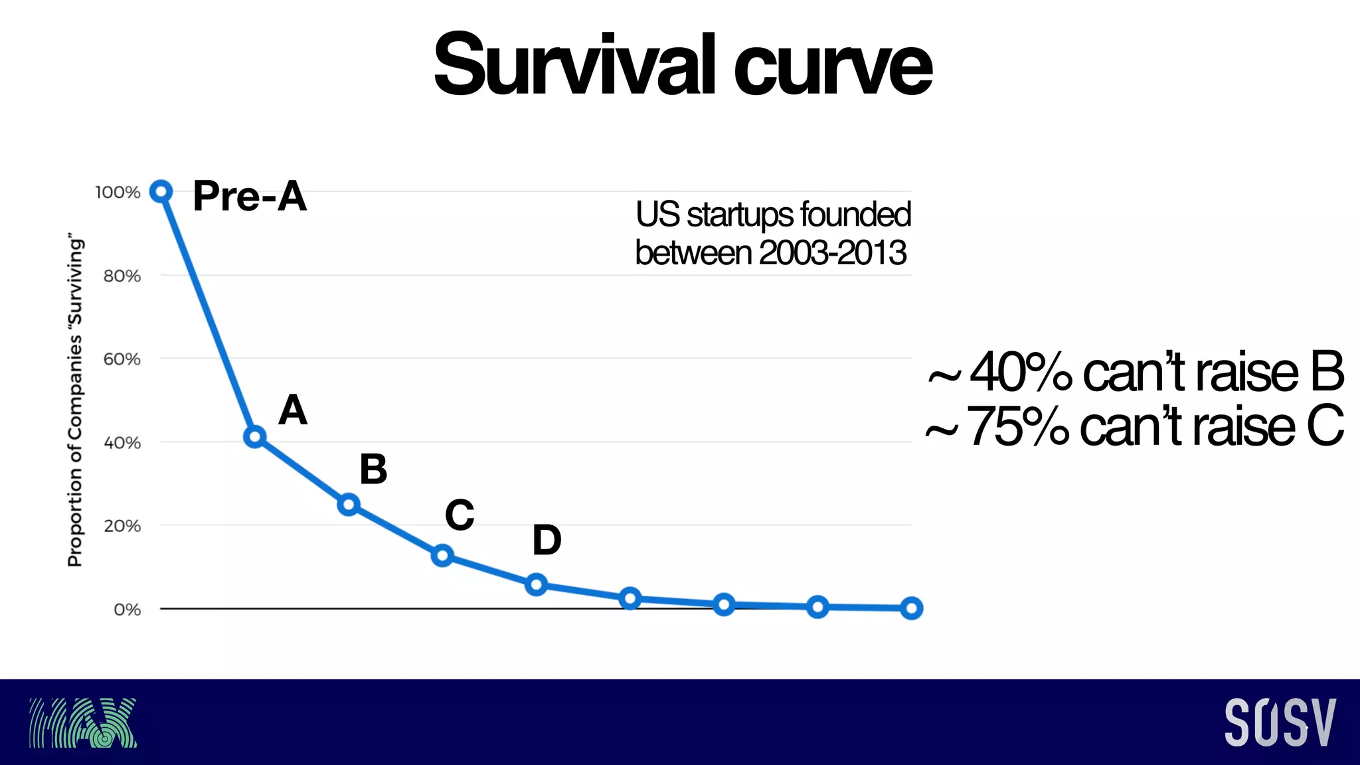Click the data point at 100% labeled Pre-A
(161, 191)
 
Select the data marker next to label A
(254, 437)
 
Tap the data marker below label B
(348, 505)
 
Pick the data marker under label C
(442, 555)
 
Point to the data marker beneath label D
(536, 584)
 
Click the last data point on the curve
(911, 608)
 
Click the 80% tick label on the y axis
(122, 276)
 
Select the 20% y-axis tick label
(122, 526)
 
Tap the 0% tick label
(127, 610)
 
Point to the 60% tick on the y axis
(122, 359)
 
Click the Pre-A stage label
(250, 197)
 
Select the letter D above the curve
(547, 540)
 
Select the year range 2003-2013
(833, 253)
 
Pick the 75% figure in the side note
(1018, 426)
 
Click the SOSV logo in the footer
(1280, 722)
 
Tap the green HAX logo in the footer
(82, 722)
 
